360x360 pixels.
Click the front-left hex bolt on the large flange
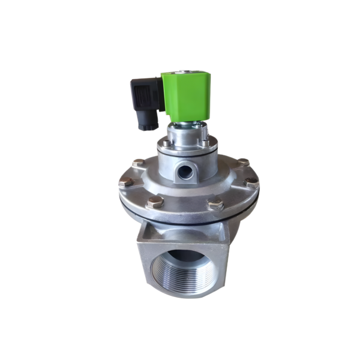click(154, 202)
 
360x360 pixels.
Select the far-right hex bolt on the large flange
click(252, 182)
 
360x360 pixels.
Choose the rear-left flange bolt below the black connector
click(138, 163)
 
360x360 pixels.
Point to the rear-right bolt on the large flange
click(242, 162)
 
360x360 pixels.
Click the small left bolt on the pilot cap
click(163, 143)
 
